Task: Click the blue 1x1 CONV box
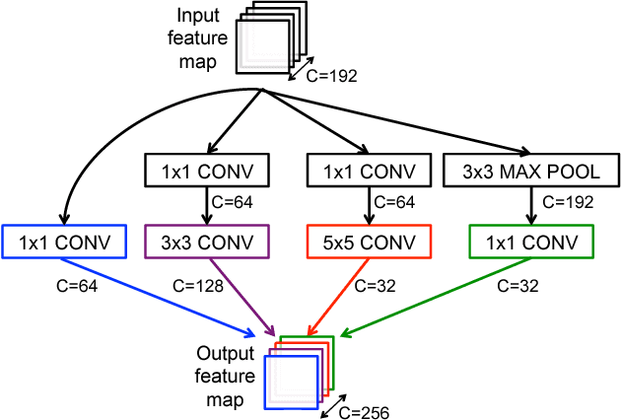tap(66, 242)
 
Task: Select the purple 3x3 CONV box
tap(206, 242)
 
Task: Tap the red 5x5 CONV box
tap(368, 242)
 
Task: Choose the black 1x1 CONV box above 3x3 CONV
tap(206, 171)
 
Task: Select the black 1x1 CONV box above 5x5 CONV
tap(368, 171)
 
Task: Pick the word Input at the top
tap(198, 16)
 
